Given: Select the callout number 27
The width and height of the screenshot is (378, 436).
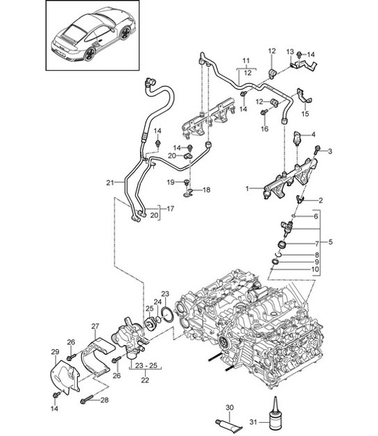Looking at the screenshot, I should (96, 325).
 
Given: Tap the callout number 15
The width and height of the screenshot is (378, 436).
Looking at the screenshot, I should (306, 114).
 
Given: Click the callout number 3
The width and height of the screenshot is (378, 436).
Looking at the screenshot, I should (330, 151).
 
